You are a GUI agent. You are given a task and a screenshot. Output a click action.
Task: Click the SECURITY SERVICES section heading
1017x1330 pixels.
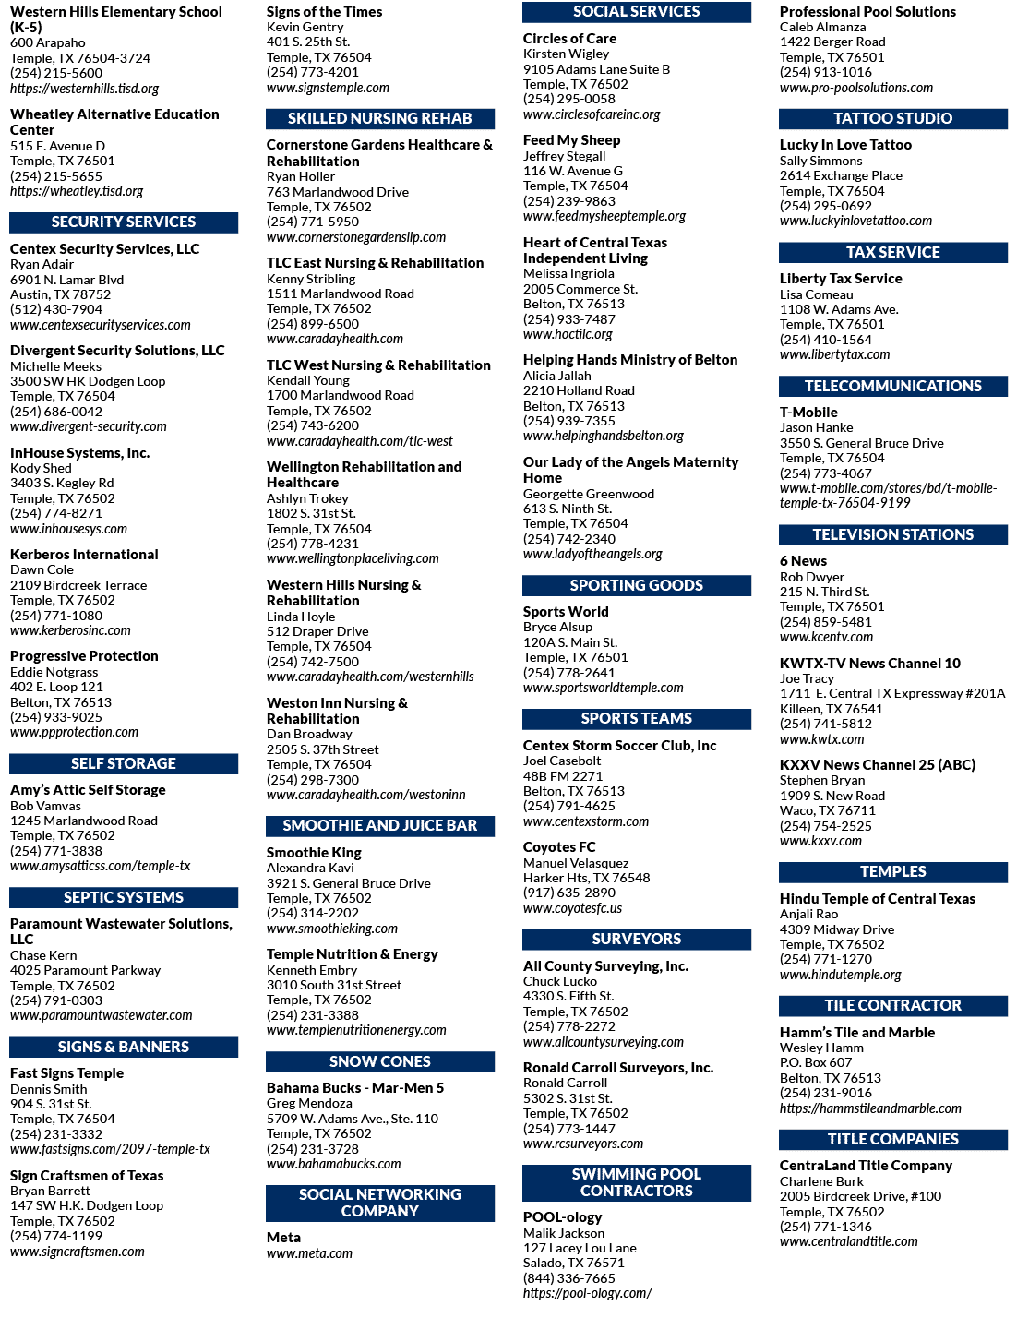(x=124, y=222)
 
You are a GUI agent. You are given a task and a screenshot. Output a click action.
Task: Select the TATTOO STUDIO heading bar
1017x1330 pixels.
(x=892, y=118)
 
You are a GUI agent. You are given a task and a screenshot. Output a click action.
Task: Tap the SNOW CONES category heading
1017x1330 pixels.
(x=380, y=1061)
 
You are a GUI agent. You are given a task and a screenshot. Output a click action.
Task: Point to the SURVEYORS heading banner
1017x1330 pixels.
(x=637, y=940)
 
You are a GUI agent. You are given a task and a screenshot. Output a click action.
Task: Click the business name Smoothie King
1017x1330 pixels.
(x=314, y=853)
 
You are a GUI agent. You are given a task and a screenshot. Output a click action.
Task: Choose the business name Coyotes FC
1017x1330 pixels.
(x=559, y=847)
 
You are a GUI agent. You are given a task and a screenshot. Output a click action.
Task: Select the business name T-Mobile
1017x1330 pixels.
(x=808, y=413)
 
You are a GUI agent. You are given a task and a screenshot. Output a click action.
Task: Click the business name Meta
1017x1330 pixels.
(x=283, y=1238)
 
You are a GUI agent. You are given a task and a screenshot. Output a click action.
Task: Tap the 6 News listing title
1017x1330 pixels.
(x=803, y=561)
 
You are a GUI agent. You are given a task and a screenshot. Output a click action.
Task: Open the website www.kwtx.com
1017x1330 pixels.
(x=822, y=739)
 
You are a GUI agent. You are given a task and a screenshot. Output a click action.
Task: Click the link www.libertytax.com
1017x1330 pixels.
(x=834, y=354)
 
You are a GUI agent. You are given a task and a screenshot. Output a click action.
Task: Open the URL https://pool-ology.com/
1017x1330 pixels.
(x=588, y=1293)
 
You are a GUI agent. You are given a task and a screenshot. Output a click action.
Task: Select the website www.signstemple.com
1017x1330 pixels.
(x=328, y=88)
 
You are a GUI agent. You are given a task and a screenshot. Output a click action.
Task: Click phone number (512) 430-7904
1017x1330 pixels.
(x=56, y=309)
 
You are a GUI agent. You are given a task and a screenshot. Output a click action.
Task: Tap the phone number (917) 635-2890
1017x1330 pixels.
(x=569, y=893)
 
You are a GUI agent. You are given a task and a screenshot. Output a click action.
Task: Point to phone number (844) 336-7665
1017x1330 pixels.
(x=569, y=1278)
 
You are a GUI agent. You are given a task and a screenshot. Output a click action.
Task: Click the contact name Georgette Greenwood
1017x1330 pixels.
(x=589, y=494)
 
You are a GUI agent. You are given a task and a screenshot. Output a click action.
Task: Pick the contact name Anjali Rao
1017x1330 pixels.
(x=808, y=914)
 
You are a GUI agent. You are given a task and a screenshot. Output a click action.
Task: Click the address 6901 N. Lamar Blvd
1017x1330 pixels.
(x=66, y=280)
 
